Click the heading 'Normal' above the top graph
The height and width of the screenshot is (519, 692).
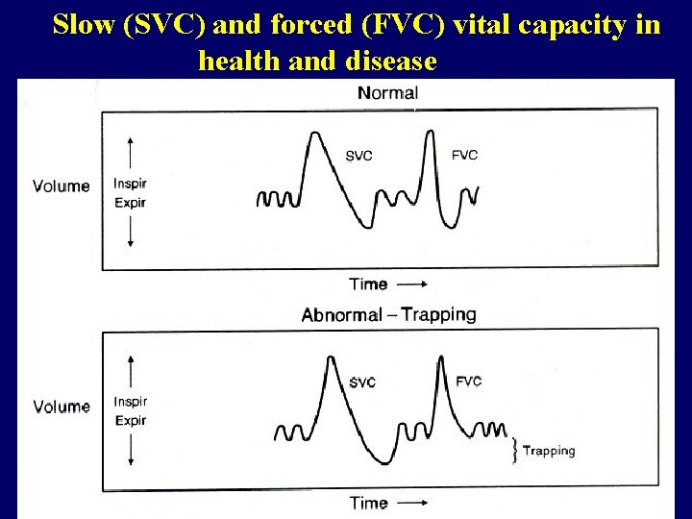[387, 93]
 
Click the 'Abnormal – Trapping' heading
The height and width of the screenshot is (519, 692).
[388, 314]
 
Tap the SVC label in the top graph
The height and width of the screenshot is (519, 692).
[358, 156]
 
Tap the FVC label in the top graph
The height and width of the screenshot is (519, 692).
[464, 155]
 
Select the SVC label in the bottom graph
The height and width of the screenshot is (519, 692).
[362, 383]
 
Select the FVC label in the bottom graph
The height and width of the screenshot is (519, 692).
[469, 381]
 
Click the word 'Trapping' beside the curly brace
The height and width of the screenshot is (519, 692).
[549, 451]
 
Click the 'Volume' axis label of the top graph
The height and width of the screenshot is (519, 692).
[62, 185]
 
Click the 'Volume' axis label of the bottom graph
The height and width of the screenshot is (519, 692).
[62, 407]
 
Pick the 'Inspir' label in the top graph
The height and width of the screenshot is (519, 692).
[130, 184]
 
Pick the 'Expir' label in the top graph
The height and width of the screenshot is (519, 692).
[130, 203]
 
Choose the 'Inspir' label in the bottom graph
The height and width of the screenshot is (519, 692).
[130, 402]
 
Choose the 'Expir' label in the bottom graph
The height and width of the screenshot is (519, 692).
[130, 421]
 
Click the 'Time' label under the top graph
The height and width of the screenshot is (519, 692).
[368, 284]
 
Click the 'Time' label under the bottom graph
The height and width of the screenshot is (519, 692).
[368, 503]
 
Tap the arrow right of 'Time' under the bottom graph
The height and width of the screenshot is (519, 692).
[412, 503]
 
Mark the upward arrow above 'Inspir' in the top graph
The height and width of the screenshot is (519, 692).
[130, 154]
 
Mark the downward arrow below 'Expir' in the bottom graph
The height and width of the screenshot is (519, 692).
[130, 452]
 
